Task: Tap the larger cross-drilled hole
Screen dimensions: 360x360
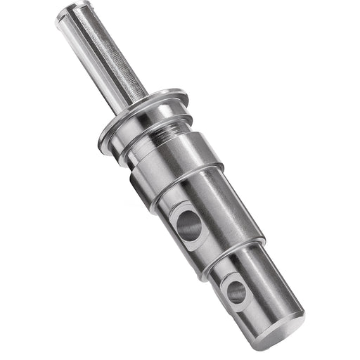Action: [188, 226]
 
